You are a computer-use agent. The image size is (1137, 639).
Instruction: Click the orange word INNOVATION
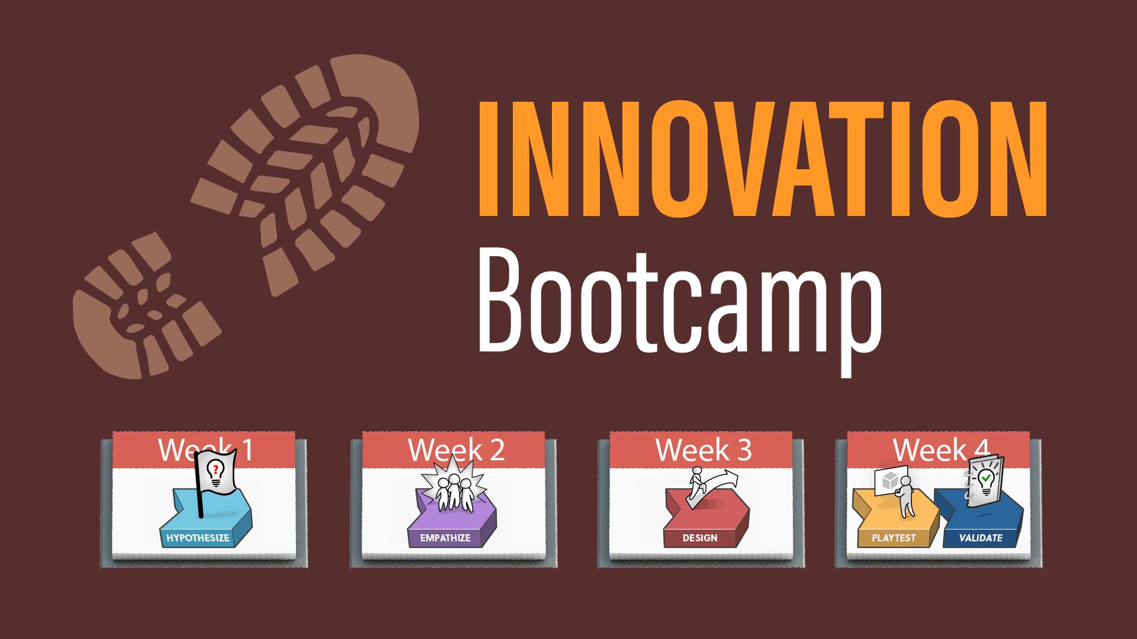(x=763, y=159)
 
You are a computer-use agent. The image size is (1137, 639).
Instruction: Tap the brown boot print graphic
(x=246, y=216)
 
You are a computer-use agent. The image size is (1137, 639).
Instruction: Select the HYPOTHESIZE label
(x=198, y=538)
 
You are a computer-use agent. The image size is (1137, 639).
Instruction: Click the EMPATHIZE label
(x=445, y=538)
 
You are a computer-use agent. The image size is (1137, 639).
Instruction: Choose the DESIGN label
(x=700, y=538)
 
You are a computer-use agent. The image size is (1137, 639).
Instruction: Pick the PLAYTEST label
(x=894, y=538)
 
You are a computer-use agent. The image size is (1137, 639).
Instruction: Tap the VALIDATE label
(x=981, y=538)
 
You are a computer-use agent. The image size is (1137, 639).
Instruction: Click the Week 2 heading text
(x=457, y=450)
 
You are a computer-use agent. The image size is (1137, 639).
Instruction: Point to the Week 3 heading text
(x=704, y=450)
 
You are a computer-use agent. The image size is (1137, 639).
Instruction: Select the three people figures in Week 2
(x=454, y=493)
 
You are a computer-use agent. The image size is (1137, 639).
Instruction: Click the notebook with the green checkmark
(x=984, y=482)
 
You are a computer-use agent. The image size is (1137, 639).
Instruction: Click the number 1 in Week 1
(x=248, y=450)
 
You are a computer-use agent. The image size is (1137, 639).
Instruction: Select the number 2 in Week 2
(x=497, y=450)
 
